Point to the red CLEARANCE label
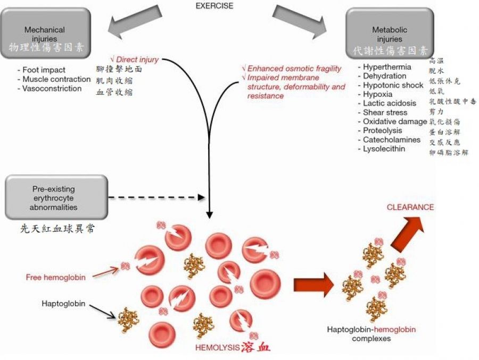pyautogui.click(x=410, y=207)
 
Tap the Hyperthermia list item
pyautogui.click(x=387, y=67)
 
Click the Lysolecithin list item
pyautogui.click(x=384, y=149)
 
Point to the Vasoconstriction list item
pyautogui.click(x=52, y=88)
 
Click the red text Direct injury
pyautogui.click(x=137, y=60)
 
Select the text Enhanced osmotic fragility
pyautogui.click(x=294, y=69)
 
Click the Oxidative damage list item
pyautogui.click(x=394, y=121)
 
